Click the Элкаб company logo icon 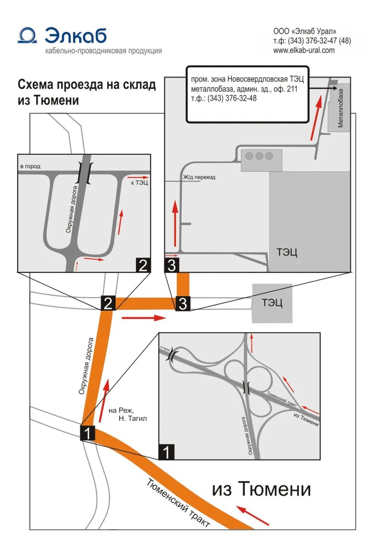[27, 35]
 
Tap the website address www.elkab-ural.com [304, 50]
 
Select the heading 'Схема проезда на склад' [87, 85]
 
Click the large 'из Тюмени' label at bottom [261, 489]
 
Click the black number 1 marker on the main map [87, 433]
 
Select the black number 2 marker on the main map [108, 303]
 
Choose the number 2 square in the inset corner [143, 265]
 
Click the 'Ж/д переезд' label [199, 177]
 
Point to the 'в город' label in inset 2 [30, 166]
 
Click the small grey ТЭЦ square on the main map [272, 302]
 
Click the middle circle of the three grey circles [260, 156]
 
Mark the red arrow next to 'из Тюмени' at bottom [253, 515]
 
